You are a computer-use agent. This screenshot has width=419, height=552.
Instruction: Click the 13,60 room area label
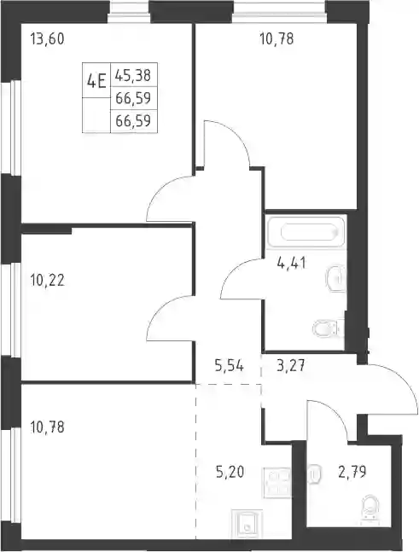[48, 38]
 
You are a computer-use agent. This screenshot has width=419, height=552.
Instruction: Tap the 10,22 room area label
[48, 281]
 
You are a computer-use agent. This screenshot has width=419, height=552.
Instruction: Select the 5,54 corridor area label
[230, 366]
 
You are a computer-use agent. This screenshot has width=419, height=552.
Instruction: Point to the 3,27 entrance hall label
[291, 366]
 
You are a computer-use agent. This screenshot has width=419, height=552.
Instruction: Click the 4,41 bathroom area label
[292, 263]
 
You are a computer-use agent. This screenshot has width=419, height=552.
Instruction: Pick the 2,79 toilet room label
[352, 472]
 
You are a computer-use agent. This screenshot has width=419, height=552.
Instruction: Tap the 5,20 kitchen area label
[230, 472]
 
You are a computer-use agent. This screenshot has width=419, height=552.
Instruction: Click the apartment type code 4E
[96, 83]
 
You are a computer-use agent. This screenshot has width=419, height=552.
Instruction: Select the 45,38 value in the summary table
[133, 75]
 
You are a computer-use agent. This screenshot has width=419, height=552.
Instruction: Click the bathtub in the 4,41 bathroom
[306, 232]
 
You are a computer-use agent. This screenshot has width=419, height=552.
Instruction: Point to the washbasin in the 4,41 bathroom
[336, 278]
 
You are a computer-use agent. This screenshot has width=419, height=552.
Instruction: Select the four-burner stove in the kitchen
[276, 483]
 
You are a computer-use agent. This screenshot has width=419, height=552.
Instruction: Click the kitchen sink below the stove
[247, 524]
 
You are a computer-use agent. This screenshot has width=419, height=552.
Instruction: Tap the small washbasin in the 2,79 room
[314, 474]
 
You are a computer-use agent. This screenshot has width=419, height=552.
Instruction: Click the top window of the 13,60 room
[129, 12]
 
